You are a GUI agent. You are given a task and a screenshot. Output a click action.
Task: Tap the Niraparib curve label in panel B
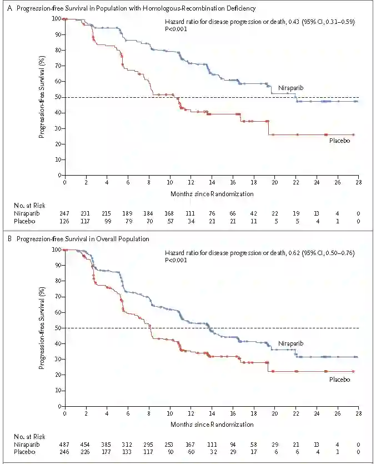[290, 343]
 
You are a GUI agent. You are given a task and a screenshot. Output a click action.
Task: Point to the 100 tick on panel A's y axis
[57, 18]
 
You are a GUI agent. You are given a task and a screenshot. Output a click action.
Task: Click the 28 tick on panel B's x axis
[358, 415]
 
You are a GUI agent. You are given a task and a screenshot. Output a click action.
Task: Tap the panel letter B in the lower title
[5, 240]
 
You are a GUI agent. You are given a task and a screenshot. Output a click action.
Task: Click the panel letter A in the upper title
[5, 8]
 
